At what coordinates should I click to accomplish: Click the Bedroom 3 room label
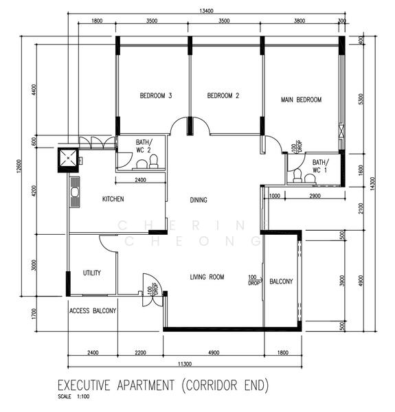(x=156, y=95)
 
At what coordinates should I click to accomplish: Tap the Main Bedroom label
(x=301, y=100)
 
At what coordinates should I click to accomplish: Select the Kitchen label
(x=113, y=199)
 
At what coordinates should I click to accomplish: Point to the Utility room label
(x=92, y=273)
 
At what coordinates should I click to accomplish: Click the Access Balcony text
(x=93, y=311)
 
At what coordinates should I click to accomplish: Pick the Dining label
(x=199, y=201)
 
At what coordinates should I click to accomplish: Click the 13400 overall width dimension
(x=207, y=11)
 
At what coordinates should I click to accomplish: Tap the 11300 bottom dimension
(x=185, y=364)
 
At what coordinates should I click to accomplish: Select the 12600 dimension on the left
(x=19, y=166)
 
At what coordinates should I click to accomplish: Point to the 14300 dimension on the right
(x=372, y=184)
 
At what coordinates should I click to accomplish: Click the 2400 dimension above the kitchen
(x=140, y=180)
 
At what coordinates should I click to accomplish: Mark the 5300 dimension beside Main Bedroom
(x=361, y=99)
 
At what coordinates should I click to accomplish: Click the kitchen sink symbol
(x=75, y=192)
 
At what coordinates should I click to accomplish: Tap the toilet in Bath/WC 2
(x=153, y=161)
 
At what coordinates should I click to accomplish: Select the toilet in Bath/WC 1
(x=297, y=176)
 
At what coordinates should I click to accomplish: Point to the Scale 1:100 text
(x=74, y=396)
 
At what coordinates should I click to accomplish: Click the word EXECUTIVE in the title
(x=84, y=385)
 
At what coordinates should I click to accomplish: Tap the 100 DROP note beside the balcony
(x=254, y=280)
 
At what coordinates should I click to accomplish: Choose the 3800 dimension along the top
(x=300, y=21)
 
